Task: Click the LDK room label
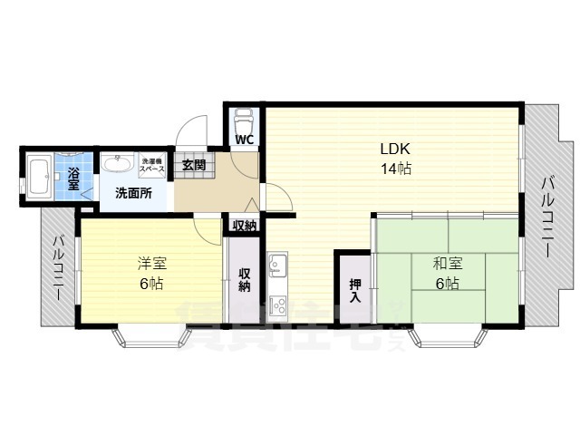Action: pyautogui.click(x=395, y=149)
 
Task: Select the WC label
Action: pyautogui.click(x=245, y=140)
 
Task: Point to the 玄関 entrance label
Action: pyautogui.click(x=193, y=165)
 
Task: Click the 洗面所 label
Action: pyautogui.click(x=132, y=193)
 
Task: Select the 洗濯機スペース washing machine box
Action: pyautogui.click(x=152, y=166)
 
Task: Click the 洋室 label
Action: pyautogui.click(x=151, y=264)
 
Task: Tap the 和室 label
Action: pyautogui.click(x=447, y=264)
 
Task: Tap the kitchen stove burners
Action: pyautogui.click(x=277, y=304)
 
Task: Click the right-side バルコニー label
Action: pyautogui.click(x=547, y=217)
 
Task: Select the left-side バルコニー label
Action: pyautogui.click(x=57, y=270)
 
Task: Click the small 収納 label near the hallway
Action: pyautogui.click(x=245, y=226)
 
